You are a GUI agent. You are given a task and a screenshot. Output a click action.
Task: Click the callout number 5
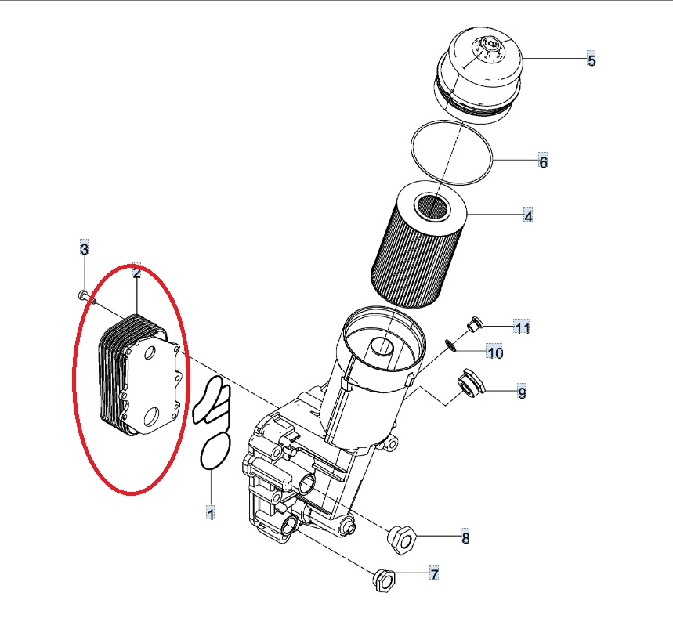(592, 60)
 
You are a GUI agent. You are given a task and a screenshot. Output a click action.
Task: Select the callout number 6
(544, 162)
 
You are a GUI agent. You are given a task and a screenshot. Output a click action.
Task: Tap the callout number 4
(528, 216)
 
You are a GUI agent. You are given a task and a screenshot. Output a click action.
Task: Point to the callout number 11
(522, 328)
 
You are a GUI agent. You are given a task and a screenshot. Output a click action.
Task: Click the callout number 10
(495, 352)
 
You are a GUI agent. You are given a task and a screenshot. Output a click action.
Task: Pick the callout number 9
(522, 392)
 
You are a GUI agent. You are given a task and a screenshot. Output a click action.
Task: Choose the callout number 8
(465, 537)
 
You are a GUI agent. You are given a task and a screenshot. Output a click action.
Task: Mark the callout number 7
(434, 574)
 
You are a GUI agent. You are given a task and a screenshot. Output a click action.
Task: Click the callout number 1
(210, 513)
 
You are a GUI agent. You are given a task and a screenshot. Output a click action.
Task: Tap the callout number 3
(85, 248)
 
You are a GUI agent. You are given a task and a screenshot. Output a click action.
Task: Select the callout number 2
(136, 272)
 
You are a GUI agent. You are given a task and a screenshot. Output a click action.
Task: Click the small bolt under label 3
(86, 297)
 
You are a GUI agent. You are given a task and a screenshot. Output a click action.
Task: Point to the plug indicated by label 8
(401, 539)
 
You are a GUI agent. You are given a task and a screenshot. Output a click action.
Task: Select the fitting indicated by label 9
(470, 382)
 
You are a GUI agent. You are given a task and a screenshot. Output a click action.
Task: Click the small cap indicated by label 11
(473, 324)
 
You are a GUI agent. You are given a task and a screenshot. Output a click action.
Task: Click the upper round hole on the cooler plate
(150, 353)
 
